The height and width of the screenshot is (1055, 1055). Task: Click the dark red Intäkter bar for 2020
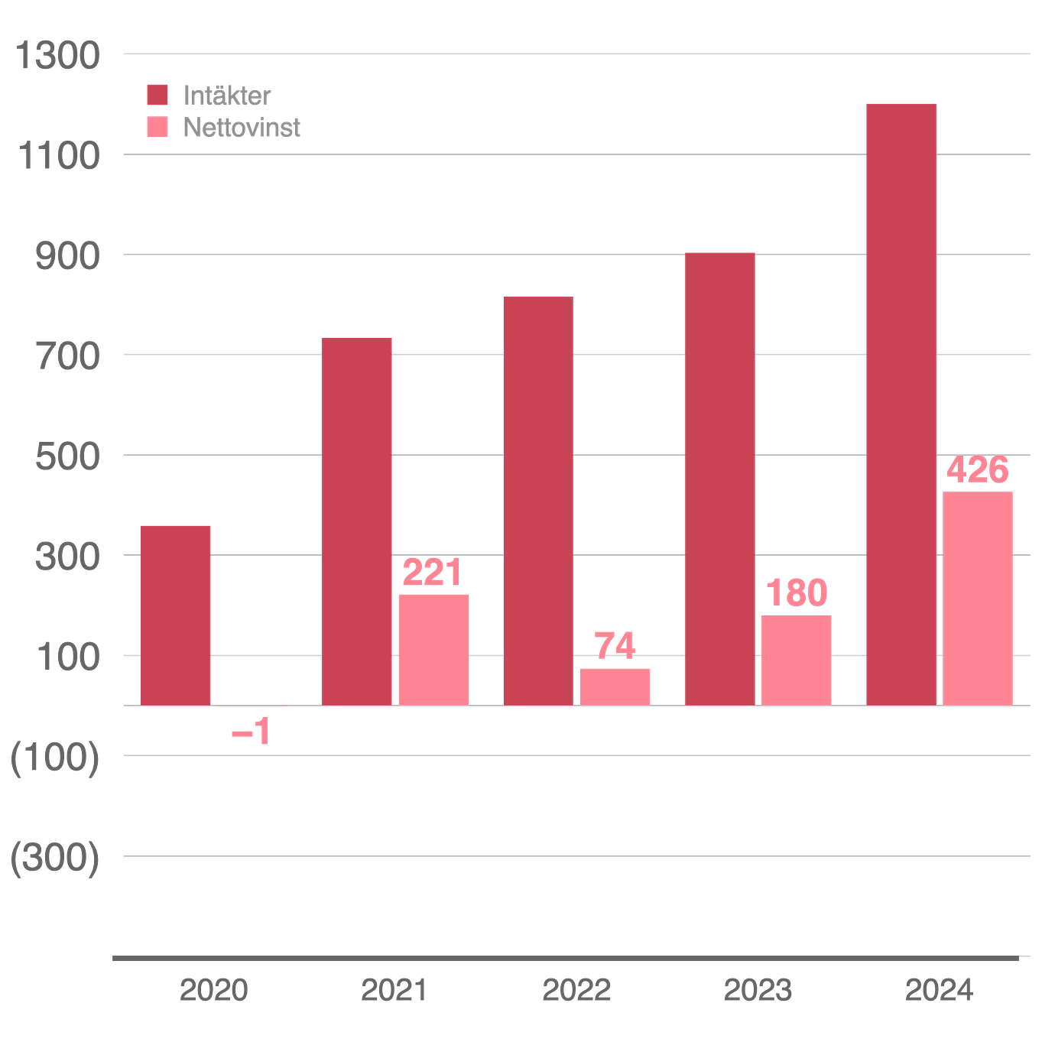176,614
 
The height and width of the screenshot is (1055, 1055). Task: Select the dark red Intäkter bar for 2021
357,521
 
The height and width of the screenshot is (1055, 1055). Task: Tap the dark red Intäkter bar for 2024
901,403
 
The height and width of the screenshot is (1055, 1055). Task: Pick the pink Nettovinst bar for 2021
433,648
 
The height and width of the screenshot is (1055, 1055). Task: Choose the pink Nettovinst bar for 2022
615,686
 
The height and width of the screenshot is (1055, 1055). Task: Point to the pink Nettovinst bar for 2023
797,659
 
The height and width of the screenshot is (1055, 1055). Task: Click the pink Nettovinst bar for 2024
978,597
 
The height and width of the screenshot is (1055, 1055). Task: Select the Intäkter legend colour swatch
157,96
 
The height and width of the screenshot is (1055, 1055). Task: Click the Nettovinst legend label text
242,127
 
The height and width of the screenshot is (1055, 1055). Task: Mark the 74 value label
615,646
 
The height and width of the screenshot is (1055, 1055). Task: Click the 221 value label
432,573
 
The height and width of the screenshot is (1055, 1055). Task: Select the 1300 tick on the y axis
57,55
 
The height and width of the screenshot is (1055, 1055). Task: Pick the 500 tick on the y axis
67,456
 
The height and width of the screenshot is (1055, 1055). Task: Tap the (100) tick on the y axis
55,757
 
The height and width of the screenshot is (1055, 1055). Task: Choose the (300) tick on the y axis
55,857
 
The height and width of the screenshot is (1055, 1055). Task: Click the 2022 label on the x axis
576,990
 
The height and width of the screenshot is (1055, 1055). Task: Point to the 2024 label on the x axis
939,990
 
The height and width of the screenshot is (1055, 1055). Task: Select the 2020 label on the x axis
214,990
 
